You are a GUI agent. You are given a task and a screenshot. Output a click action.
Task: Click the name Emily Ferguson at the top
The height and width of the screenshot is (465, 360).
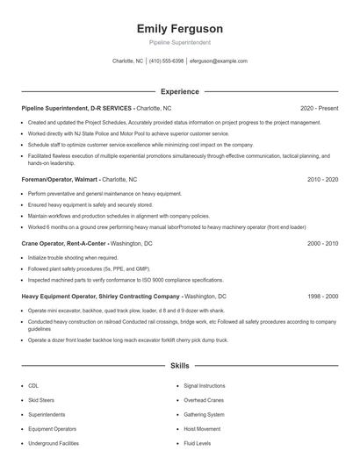[x=179, y=28]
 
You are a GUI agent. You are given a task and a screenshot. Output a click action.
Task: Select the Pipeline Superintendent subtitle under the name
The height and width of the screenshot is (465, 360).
[x=179, y=42]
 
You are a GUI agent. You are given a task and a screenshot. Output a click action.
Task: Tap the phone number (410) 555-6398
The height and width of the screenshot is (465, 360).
[x=166, y=61]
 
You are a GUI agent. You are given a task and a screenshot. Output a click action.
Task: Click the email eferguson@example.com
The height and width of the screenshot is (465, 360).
[x=219, y=61]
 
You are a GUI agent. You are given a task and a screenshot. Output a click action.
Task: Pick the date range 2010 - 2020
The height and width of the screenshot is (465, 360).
[x=322, y=178]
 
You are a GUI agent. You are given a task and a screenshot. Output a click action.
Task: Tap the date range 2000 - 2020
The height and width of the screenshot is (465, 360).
[x=322, y=243]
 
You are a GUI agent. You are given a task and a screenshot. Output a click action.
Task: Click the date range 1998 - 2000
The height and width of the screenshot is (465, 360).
[x=322, y=297]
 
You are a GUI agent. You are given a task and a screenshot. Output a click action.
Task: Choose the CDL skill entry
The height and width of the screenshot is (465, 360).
[x=33, y=385]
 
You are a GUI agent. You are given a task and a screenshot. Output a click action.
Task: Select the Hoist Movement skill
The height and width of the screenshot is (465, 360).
[x=202, y=428]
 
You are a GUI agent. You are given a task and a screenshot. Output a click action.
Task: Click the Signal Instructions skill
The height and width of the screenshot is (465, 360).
[x=205, y=385]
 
